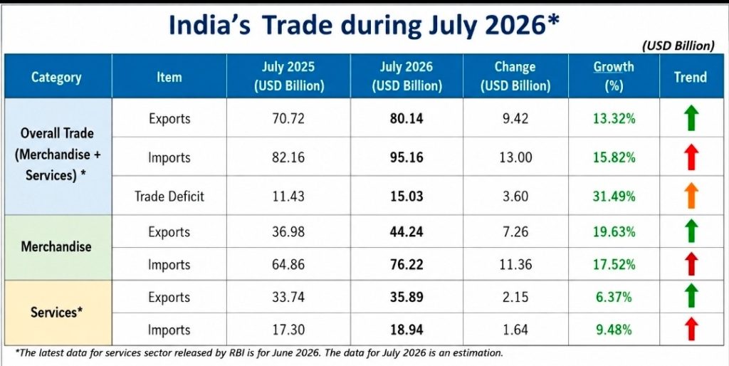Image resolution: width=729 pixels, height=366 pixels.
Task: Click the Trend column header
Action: click(x=691, y=77)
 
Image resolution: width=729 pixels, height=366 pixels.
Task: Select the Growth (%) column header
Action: click(x=614, y=76)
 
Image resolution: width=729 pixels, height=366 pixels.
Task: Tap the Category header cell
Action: click(x=56, y=77)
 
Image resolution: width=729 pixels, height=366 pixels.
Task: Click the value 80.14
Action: click(x=407, y=119)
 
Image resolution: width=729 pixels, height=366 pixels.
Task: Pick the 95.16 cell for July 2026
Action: click(x=407, y=157)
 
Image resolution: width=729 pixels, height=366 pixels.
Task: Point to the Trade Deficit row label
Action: click(x=169, y=196)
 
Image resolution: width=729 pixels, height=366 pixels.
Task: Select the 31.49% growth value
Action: click(x=614, y=197)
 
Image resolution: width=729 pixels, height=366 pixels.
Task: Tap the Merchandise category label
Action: click(x=56, y=246)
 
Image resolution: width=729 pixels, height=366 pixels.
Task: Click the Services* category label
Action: click(x=57, y=312)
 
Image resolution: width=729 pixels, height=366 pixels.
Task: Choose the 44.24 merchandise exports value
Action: click(x=407, y=231)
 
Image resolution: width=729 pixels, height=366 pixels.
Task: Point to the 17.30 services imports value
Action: click(x=289, y=330)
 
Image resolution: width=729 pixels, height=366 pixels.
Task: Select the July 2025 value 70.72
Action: click(x=289, y=119)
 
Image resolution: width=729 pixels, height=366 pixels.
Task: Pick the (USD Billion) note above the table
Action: click(x=678, y=46)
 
